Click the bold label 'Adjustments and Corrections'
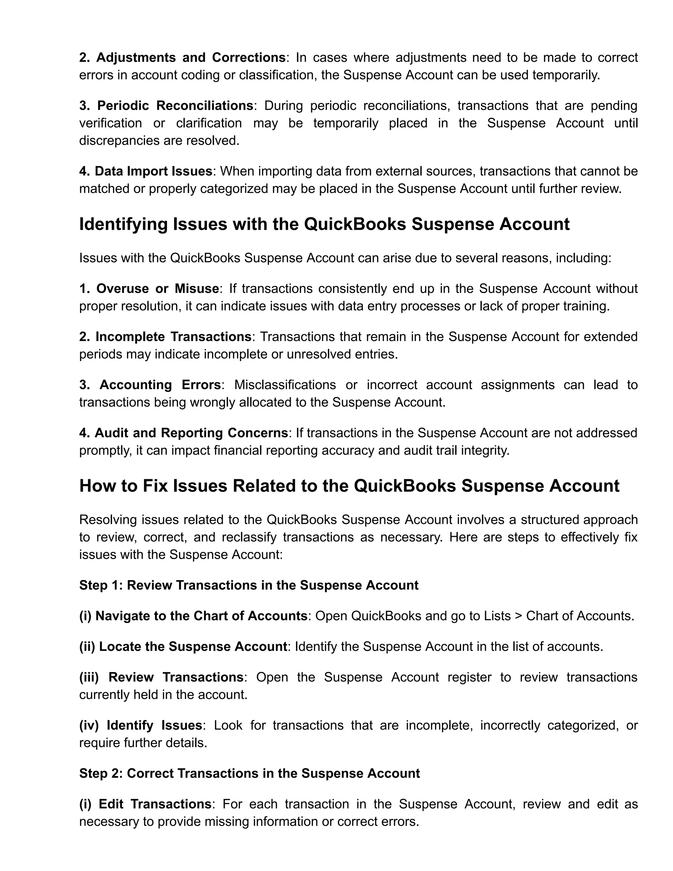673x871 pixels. tap(191, 58)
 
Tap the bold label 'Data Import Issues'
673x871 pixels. tap(153, 171)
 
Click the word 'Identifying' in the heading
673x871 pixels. tap(123, 224)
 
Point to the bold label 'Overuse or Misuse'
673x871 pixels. tap(157, 288)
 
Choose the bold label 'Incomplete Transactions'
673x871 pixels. tap(174, 337)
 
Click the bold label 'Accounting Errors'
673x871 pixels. tap(160, 385)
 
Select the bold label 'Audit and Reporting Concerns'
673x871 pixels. tap(191, 433)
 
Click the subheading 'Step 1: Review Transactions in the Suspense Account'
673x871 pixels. tap(249, 585)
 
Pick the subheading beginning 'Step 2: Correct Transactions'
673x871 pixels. tap(250, 773)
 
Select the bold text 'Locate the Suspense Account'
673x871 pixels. tap(193, 647)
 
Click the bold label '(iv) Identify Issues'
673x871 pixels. tap(141, 725)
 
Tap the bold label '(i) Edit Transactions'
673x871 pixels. tap(145, 804)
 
